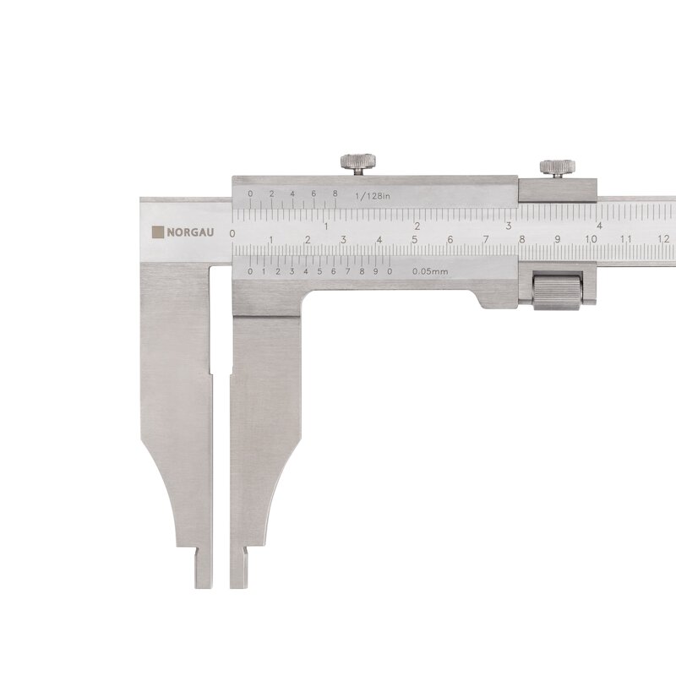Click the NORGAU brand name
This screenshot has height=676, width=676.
(190, 232)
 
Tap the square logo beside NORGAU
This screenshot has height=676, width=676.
(158, 232)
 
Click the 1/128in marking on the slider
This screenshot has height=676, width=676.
(373, 196)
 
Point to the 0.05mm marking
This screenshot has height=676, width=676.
(430, 271)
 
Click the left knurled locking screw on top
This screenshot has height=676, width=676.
(357, 163)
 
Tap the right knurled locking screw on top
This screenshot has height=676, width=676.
(558, 168)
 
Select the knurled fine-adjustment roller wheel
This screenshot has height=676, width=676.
(557, 291)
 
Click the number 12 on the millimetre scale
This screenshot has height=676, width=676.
(664, 239)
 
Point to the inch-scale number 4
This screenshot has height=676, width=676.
(599, 226)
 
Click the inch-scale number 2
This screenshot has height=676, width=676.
(417, 226)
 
